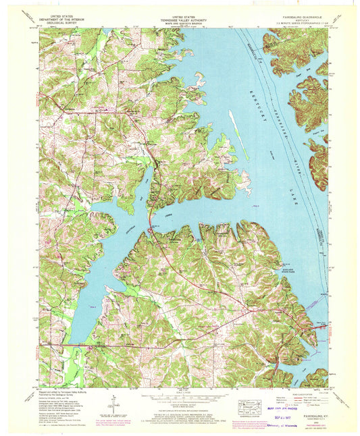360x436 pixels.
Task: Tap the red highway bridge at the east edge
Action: (x=323, y=327)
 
